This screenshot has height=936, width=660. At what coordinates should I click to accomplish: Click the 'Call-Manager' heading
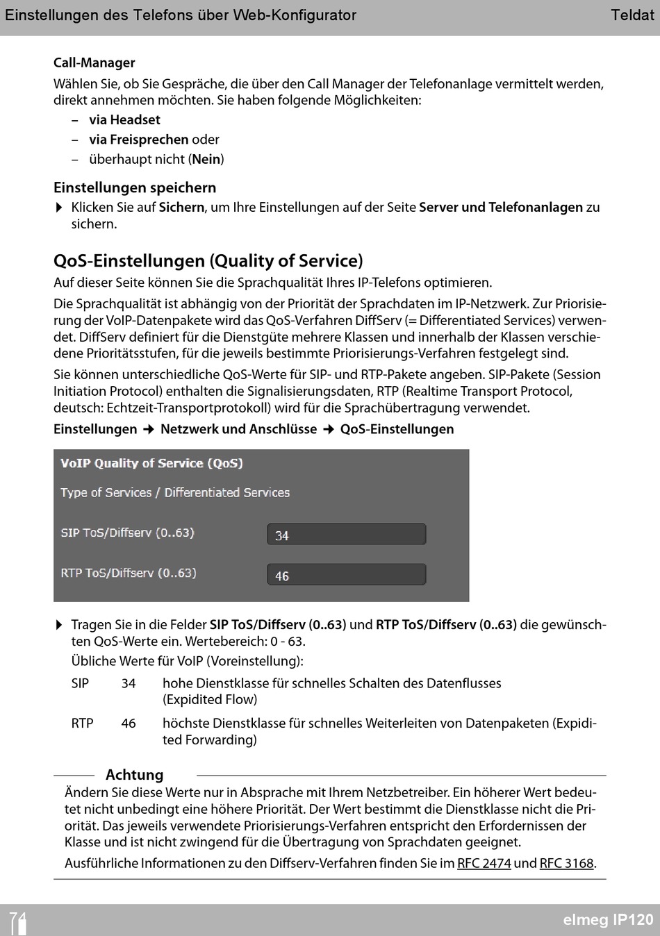[x=94, y=63]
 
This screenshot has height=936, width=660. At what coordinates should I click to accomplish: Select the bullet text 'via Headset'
[x=124, y=120]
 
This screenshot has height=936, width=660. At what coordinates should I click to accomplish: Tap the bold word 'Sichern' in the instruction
[x=181, y=208]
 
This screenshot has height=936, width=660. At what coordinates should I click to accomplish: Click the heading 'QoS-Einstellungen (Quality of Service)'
[x=208, y=261]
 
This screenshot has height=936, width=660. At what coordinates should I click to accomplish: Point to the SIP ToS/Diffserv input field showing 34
[x=346, y=535]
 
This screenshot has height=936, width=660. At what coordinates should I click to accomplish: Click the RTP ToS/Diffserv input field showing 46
[x=346, y=575]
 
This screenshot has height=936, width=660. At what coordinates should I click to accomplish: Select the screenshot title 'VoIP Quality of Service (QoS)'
[x=151, y=463]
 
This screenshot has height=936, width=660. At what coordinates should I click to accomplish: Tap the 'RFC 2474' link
[x=484, y=864]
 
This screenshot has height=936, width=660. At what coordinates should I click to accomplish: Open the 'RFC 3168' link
[x=566, y=864]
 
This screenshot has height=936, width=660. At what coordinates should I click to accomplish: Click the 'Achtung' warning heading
[x=134, y=775]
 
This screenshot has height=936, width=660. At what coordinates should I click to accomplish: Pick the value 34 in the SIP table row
[x=129, y=683]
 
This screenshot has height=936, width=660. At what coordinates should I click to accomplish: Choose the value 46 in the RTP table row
[x=129, y=724]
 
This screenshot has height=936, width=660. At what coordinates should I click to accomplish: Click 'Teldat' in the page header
[x=632, y=15]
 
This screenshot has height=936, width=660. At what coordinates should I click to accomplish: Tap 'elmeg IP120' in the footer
[x=608, y=920]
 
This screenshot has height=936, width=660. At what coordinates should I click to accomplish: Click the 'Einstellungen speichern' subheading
[x=135, y=187]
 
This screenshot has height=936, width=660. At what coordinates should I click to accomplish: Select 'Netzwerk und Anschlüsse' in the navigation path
[x=238, y=429]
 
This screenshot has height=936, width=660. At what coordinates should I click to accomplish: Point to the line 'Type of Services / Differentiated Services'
[x=175, y=493]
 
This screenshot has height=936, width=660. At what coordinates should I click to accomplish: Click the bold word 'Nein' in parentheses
[x=206, y=160]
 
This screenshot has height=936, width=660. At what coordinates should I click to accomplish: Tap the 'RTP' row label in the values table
[x=82, y=724]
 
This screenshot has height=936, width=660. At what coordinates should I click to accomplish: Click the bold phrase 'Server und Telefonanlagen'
[x=500, y=208]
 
